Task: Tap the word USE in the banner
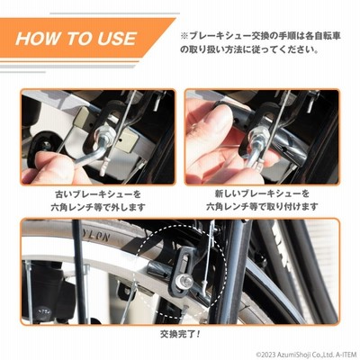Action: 117,39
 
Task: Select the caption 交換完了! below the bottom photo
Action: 180,334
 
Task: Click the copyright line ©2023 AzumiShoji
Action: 306,354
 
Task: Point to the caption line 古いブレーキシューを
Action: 98,194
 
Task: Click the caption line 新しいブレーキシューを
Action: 262,193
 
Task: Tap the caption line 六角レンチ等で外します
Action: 98,207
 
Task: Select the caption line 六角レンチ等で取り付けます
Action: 262,207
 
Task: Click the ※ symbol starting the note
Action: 184,36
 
